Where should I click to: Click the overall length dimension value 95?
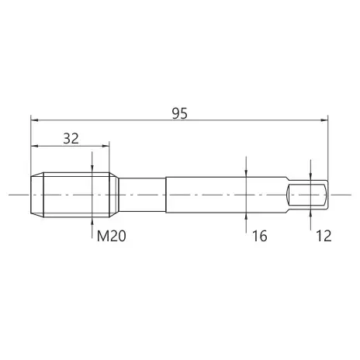179,113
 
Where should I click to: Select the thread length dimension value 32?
71,139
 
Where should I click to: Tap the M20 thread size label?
112,236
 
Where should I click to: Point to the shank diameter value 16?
259,236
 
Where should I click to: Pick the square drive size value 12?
324,236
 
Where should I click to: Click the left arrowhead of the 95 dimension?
34,120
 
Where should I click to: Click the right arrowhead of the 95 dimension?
324,120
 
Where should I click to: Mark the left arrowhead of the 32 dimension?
34,146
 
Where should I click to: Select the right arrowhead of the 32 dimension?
106,146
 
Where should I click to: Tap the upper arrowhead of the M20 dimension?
92,169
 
